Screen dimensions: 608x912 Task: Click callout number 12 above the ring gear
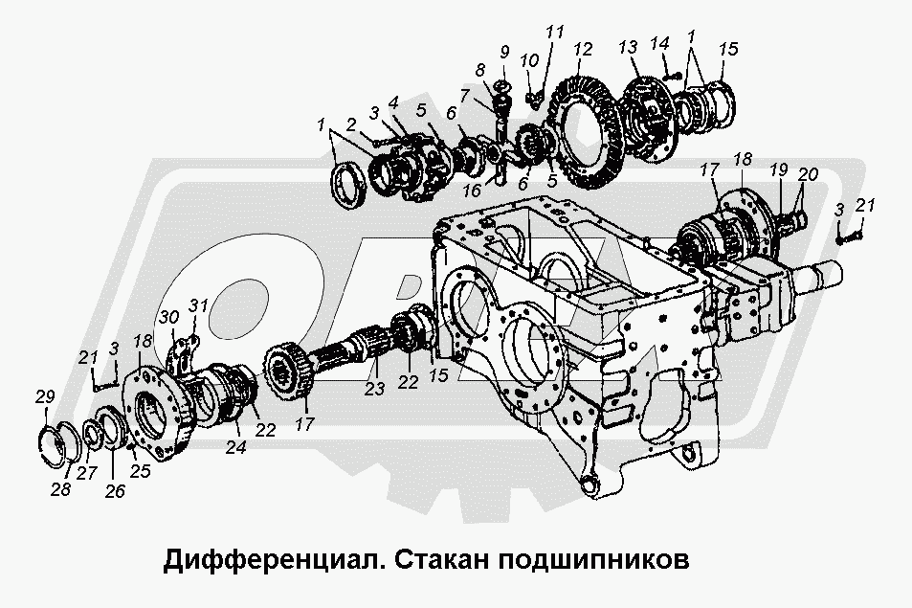(x=584, y=50)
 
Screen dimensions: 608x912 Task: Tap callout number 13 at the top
(x=628, y=50)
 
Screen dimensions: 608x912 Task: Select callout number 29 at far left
(x=44, y=396)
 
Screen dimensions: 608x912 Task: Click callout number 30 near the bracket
(x=168, y=317)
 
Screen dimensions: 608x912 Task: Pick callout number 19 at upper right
(x=778, y=170)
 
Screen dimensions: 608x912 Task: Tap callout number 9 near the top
(x=504, y=50)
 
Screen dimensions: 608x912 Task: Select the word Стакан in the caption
(x=438, y=558)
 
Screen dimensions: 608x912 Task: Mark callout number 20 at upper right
(x=810, y=174)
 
